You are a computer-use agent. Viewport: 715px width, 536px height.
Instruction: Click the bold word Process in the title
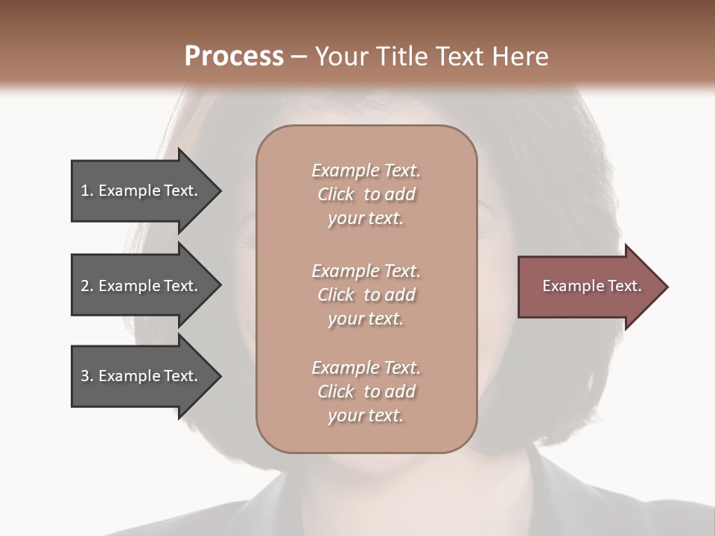pyautogui.click(x=234, y=56)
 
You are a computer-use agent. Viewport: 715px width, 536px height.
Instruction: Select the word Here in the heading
pyautogui.click(x=521, y=56)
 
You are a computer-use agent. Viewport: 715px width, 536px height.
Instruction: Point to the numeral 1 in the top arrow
pyautogui.click(x=85, y=191)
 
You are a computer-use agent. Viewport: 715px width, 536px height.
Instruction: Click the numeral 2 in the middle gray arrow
pyautogui.click(x=85, y=286)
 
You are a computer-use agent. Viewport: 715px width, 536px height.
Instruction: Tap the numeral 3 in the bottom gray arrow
pyautogui.click(x=85, y=376)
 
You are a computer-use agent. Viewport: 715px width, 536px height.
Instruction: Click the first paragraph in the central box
pyautogui.click(x=366, y=194)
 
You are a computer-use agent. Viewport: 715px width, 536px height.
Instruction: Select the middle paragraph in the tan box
pyautogui.click(x=366, y=295)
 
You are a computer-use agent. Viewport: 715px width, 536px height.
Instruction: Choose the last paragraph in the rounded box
pyautogui.click(x=366, y=392)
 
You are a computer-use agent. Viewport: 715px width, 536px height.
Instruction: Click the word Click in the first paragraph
pyautogui.click(x=335, y=194)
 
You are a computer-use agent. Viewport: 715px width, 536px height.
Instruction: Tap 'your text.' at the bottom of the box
pyautogui.click(x=366, y=415)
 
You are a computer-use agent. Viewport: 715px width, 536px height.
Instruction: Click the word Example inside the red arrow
pyautogui.click(x=569, y=286)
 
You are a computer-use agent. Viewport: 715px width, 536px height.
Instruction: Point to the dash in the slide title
pyautogui.click(x=299, y=57)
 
